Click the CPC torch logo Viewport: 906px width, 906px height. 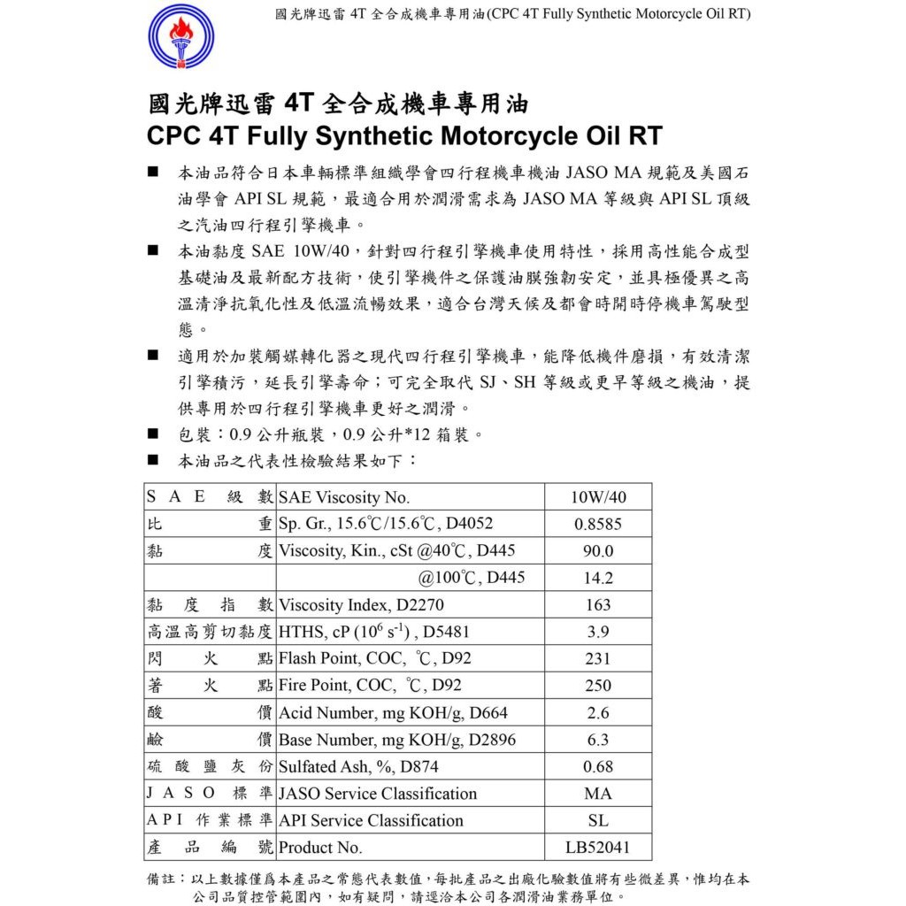pos(180,39)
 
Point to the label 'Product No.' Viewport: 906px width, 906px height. pos(320,848)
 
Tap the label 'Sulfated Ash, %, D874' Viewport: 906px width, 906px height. pos(358,767)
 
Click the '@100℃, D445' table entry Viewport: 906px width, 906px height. pos(472,579)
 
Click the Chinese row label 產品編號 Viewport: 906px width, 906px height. pos(210,848)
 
